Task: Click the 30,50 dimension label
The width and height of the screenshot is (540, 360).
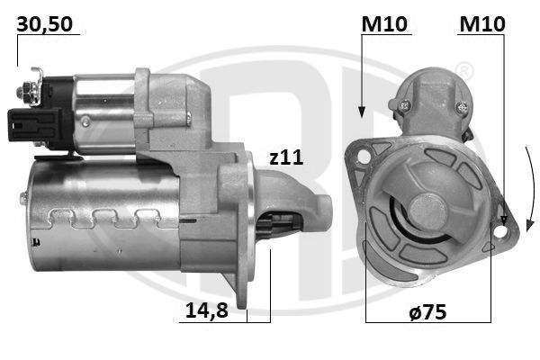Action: (x=45, y=24)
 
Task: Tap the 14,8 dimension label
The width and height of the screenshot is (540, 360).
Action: (x=207, y=310)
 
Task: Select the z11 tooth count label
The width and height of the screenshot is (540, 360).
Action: (x=286, y=157)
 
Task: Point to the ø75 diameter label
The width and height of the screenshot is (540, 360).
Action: (x=427, y=311)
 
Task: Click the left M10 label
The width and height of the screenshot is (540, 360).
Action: (x=384, y=24)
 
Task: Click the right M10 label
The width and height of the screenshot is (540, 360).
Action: (x=482, y=24)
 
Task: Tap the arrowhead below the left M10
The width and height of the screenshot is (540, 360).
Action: (x=362, y=112)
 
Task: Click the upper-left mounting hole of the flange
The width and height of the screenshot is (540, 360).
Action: (x=364, y=156)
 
